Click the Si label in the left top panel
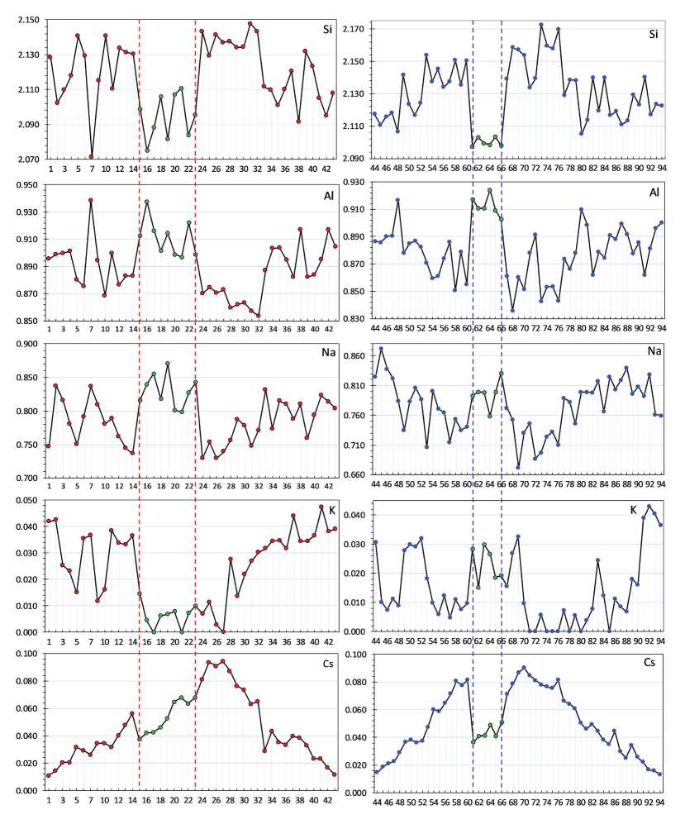coord(328,30)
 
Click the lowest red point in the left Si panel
coord(91,156)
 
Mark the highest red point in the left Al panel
coord(91,200)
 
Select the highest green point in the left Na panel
coord(168,364)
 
